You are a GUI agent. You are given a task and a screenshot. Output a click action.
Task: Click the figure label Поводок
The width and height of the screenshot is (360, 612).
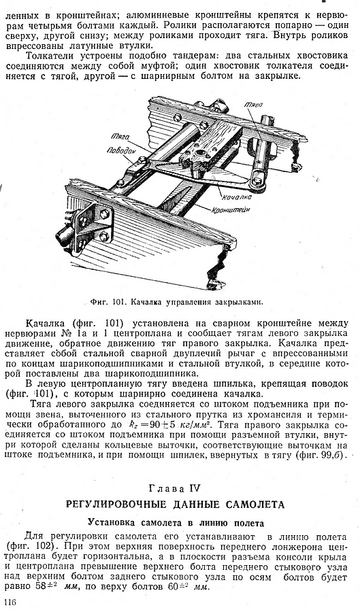pyautogui.click(x=121, y=150)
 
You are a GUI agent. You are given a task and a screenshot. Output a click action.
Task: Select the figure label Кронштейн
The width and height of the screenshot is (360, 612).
pyautogui.click(x=231, y=210)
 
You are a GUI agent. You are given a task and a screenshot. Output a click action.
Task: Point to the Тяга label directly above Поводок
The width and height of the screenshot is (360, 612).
pyautogui.click(x=120, y=137)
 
